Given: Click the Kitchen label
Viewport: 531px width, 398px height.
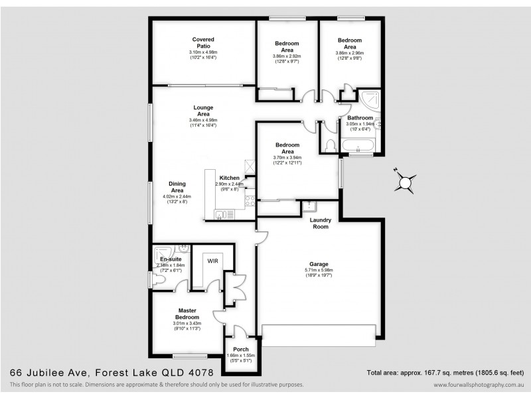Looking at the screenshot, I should (x=230, y=178).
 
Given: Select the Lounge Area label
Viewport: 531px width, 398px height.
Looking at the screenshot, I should (x=202, y=110).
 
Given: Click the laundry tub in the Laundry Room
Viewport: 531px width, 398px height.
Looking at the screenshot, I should (x=311, y=206).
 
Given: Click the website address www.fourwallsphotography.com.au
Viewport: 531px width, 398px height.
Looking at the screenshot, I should (x=477, y=385).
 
